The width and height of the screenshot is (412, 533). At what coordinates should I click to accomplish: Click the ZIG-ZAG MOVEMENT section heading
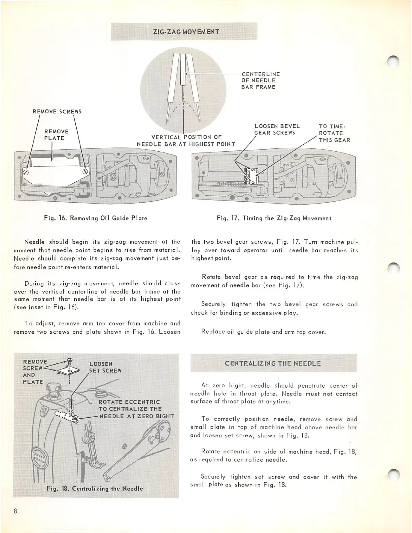tap(186, 32)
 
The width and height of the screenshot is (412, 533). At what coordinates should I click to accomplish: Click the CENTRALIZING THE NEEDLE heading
tap(273, 363)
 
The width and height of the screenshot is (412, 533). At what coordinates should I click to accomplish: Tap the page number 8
tap(15, 511)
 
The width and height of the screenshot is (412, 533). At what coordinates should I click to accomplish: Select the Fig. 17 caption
tap(274, 218)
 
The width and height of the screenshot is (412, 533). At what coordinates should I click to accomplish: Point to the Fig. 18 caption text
tap(95, 488)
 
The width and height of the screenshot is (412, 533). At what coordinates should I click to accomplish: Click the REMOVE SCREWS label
tap(57, 111)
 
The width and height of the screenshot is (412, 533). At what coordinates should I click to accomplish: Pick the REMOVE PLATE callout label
tap(56, 135)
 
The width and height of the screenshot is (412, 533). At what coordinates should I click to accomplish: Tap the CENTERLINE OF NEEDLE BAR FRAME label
tap(260, 80)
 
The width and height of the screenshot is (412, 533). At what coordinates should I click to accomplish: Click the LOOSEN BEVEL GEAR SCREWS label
tap(277, 129)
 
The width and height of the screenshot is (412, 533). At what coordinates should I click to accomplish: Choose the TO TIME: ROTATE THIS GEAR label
tap(334, 133)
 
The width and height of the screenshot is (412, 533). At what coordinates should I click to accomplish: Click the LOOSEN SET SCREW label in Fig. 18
tap(105, 367)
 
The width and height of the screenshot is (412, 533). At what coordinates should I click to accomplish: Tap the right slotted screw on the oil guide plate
tap(85, 171)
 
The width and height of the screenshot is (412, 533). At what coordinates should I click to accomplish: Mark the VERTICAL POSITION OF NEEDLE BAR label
tap(186, 141)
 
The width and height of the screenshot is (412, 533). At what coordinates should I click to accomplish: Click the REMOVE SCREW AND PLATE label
tap(33, 371)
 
